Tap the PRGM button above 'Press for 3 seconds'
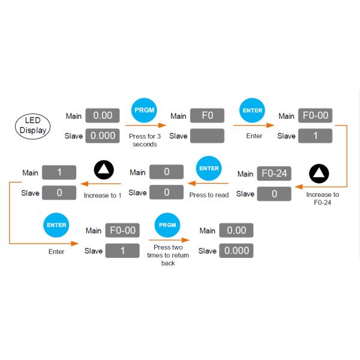[x=143, y=111]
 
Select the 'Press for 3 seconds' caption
[x=144, y=140]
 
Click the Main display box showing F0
[x=207, y=116]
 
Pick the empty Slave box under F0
[x=207, y=136]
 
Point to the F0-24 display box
[x=274, y=174]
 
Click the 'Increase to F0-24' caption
[x=322, y=199]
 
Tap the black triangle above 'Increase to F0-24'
[x=319, y=174]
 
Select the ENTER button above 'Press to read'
[x=209, y=169]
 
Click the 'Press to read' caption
[x=209, y=195]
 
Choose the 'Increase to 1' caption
[x=103, y=196]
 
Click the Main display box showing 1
[x=59, y=172]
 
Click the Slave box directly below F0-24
[x=274, y=194]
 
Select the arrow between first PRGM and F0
[x=147, y=126]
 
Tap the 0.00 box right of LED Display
[x=102, y=115]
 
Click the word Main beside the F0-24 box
[x=245, y=174]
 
